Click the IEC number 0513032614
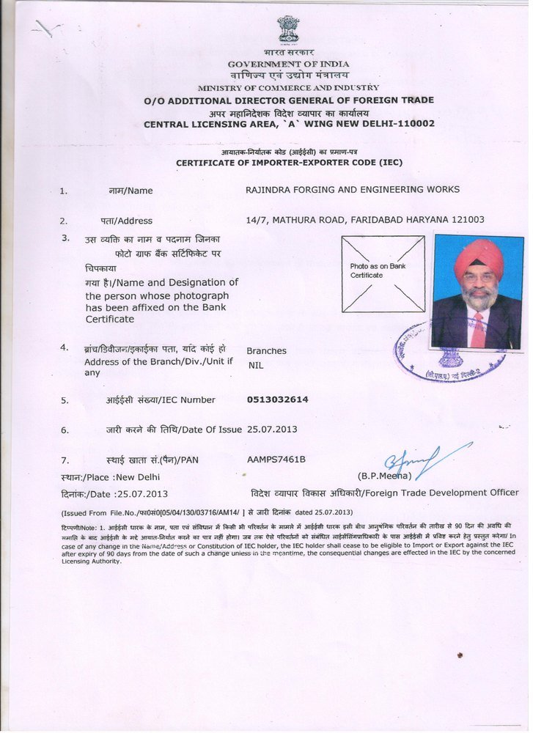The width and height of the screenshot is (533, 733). [x=278, y=399]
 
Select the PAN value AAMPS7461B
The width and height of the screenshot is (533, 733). [x=276, y=459]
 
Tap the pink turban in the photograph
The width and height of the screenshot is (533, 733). [x=479, y=256]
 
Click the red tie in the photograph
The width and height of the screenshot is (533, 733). [x=477, y=331]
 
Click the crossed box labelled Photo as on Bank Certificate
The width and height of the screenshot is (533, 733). [x=383, y=273]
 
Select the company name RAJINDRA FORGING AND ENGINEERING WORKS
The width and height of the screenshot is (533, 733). [x=353, y=189]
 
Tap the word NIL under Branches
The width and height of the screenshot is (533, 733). [x=255, y=365]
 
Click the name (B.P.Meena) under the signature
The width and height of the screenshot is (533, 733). [x=383, y=476]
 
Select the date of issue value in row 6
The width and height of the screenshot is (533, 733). [x=273, y=429]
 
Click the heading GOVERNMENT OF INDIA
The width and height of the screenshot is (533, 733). [x=288, y=64]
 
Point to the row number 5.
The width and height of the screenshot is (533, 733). [x=65, y=400]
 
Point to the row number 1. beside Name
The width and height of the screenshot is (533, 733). [x=64, y=191]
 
